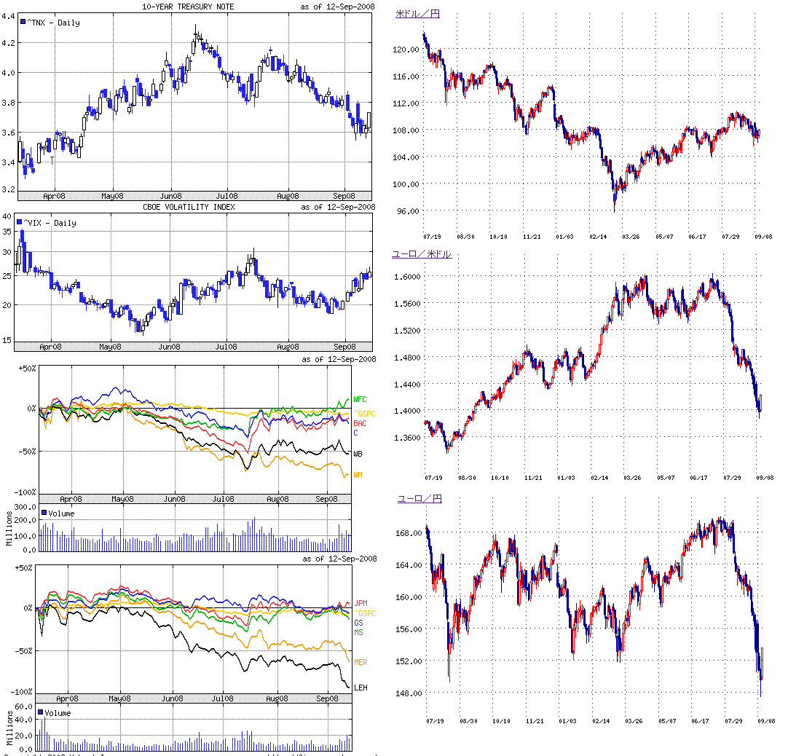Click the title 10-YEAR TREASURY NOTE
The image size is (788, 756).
(198, 7)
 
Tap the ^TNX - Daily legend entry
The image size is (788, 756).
(50, 23)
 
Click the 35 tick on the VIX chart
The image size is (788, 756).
(8, 231)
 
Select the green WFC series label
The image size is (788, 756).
(360, 399)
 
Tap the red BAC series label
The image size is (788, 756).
(360, 423)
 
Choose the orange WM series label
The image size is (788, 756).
(358, 475)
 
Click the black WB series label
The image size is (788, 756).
(358, 454)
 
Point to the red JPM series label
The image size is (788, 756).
(361, 603)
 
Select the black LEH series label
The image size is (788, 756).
(360, 688)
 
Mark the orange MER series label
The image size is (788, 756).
(360, 662)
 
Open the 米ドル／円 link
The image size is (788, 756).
(417, 14)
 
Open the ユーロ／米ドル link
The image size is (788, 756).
(422, 254)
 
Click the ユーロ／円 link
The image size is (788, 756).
(419, 499)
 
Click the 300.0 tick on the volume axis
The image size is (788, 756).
(25, 506)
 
